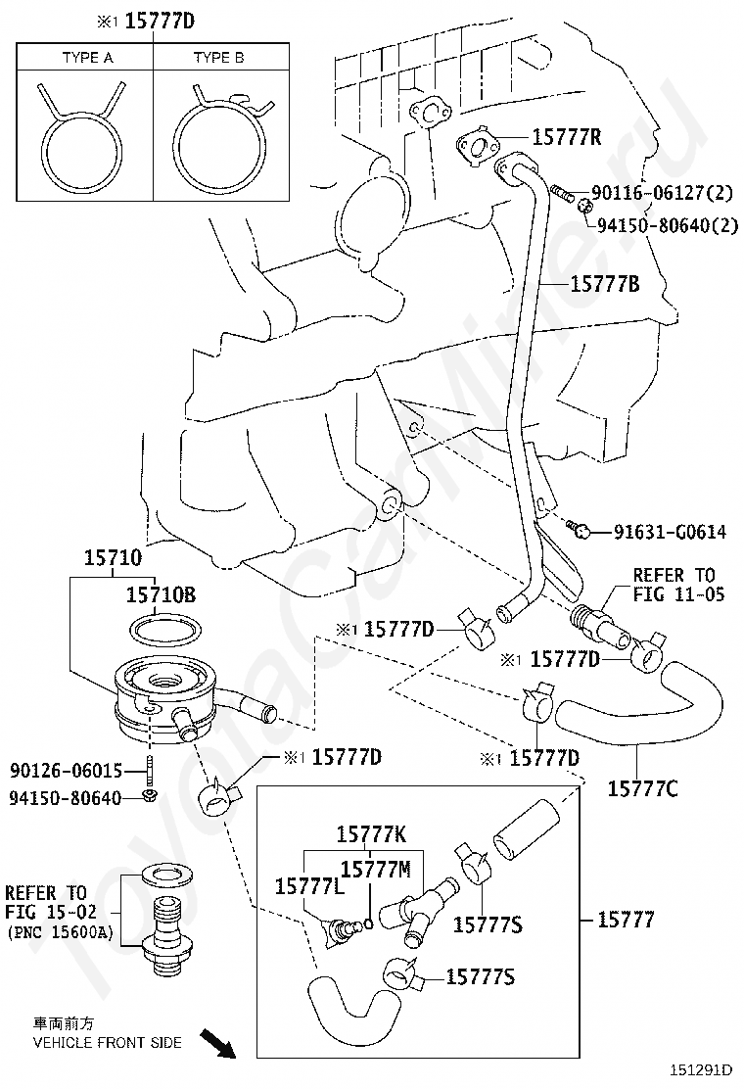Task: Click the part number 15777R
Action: pyautogui.click(x=567, y=137)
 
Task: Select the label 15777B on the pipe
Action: pyautogui.click(x=605, y=283)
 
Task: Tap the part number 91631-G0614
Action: pyautogui.click(x=670, y=532)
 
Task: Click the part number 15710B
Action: pyautogui.click(x=161, y=594)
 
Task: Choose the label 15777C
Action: pyautogui.click(x=642, y=788)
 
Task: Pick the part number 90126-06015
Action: pyautogui.click(x=66, y=770)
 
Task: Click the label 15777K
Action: pyautogui.click(x=371, y=834)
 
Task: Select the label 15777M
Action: pyautogui.click(x=376, y=869)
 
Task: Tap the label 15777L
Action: pyautogui.click(x=308, y=886)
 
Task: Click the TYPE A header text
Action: pyautogui.click(x=87, y=58)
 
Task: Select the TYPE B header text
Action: pyautogui.click(x=218, y=58)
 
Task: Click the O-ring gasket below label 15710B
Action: pyautogui.click(x=165, y=631)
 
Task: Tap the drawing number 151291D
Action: pyautogui.click(x=701, y=1070)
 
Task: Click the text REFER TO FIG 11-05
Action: pyautogui.click(x=678, y=584)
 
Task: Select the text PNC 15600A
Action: pyautogui.click(x=60, y=932)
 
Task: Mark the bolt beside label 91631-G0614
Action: pyautogui.click(x=579, y=530)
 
